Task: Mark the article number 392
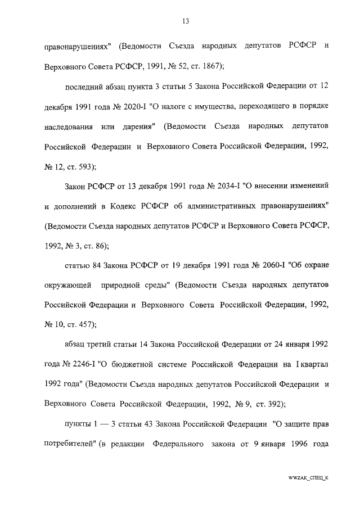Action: click(274, 403)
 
